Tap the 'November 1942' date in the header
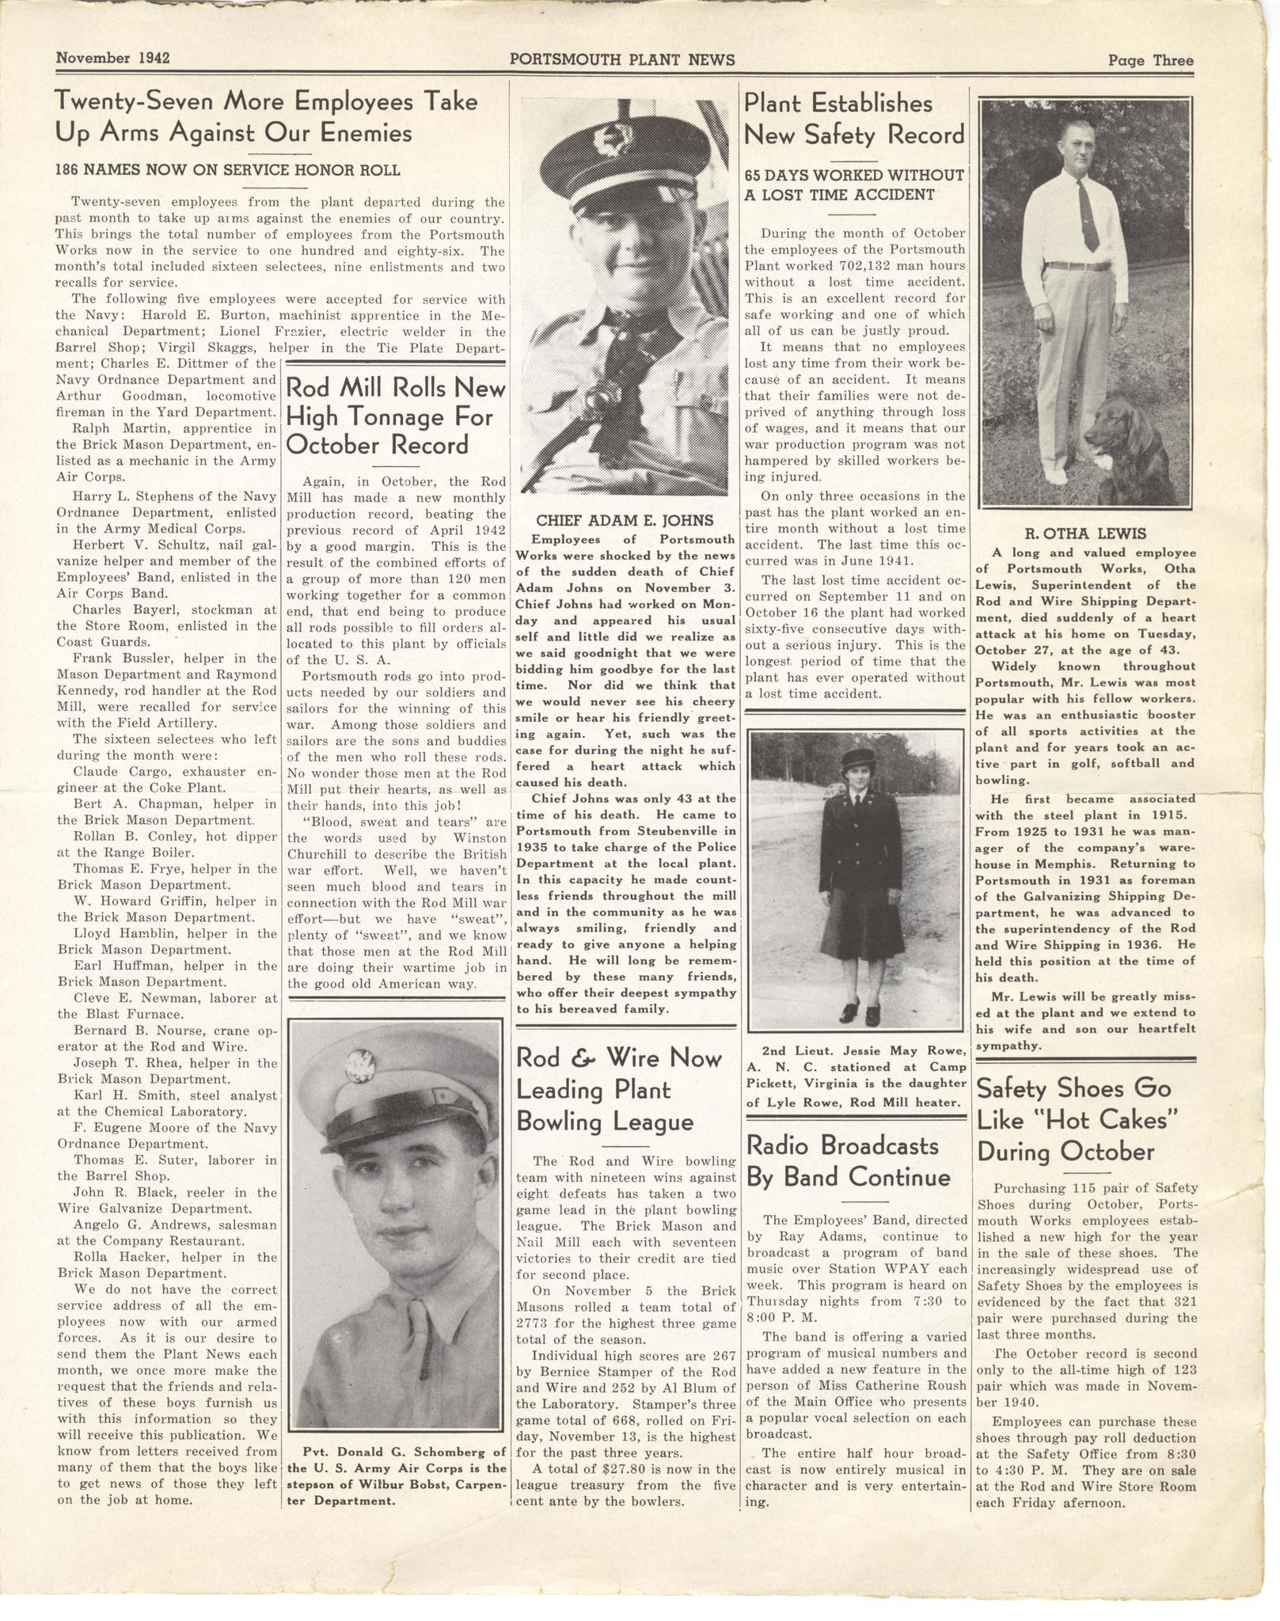[113, 59]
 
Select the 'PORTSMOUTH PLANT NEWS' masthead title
[622, 59]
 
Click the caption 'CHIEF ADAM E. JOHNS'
[625, 520]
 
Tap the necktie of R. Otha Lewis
[1088, 214]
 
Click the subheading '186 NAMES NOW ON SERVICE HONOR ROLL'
[227, 169]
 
